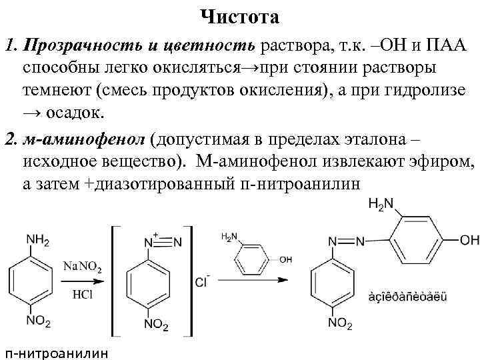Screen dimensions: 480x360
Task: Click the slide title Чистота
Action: (240, 15)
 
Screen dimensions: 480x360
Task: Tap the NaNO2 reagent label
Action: (83, 269)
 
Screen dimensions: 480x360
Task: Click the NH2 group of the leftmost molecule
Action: (37, 239)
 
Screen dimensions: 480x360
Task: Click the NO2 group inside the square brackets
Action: (156, 325)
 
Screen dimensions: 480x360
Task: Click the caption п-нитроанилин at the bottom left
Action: (55, 352)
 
